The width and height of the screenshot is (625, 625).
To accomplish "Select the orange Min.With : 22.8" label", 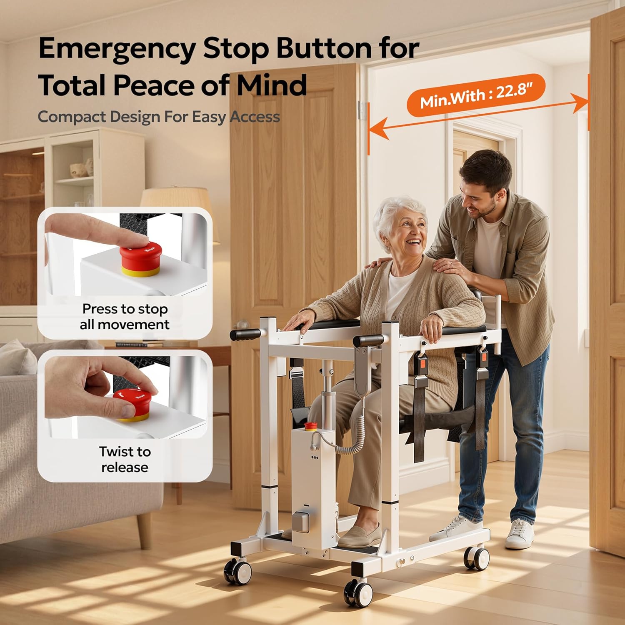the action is point(476,95).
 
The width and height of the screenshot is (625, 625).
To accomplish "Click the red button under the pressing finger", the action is point(140,258).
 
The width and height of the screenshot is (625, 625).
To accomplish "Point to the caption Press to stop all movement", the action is point(125,317).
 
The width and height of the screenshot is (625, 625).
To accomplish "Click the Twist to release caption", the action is point(125,459).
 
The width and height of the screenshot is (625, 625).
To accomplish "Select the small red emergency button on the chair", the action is point(310,426).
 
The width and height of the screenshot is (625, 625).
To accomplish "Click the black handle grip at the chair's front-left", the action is point(245,334).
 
